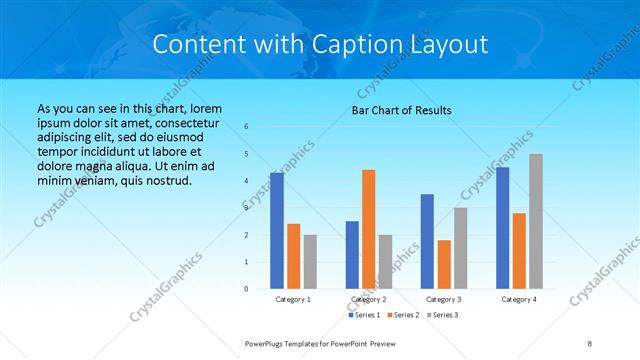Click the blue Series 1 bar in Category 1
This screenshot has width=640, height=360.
point(277,231)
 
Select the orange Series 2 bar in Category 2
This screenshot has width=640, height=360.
point(369,229)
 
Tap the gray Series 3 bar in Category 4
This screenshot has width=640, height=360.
point(536,221)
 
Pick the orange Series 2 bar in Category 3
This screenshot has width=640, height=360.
point(444,264)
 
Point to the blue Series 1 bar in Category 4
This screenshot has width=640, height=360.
point(503,228)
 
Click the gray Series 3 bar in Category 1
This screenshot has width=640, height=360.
point(310,262)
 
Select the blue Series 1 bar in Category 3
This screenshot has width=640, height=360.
point(427,241)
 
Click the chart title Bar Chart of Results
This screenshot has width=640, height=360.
point(402,110)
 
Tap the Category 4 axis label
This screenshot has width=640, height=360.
point(519,299)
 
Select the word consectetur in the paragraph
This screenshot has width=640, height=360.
point(179,121)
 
